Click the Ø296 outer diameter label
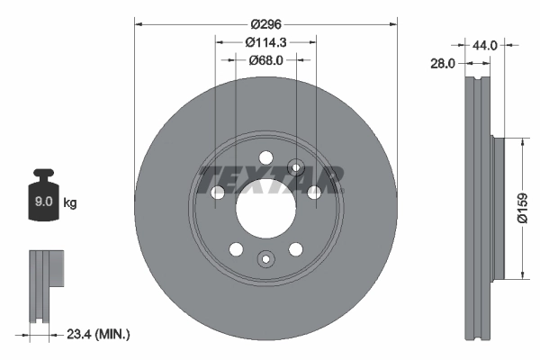tap(265, 24)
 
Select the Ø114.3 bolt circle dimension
tap(265, 42)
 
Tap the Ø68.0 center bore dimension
tap(265, 60)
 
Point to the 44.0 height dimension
tap(485, 44)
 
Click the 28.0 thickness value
tap(442, 63)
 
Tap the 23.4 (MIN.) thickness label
tap(98, 334)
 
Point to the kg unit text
tap(70, 203)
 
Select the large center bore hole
tap(265, 209)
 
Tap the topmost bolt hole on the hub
tap(265, 157)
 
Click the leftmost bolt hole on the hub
tap(217, 193)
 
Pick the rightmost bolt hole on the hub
tap(314, 193)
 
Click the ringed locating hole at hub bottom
tap(265, 259)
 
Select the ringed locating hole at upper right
tap(295, 166)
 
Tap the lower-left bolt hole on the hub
tap(236, 249)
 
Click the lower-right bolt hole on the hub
tap(295, 249)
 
